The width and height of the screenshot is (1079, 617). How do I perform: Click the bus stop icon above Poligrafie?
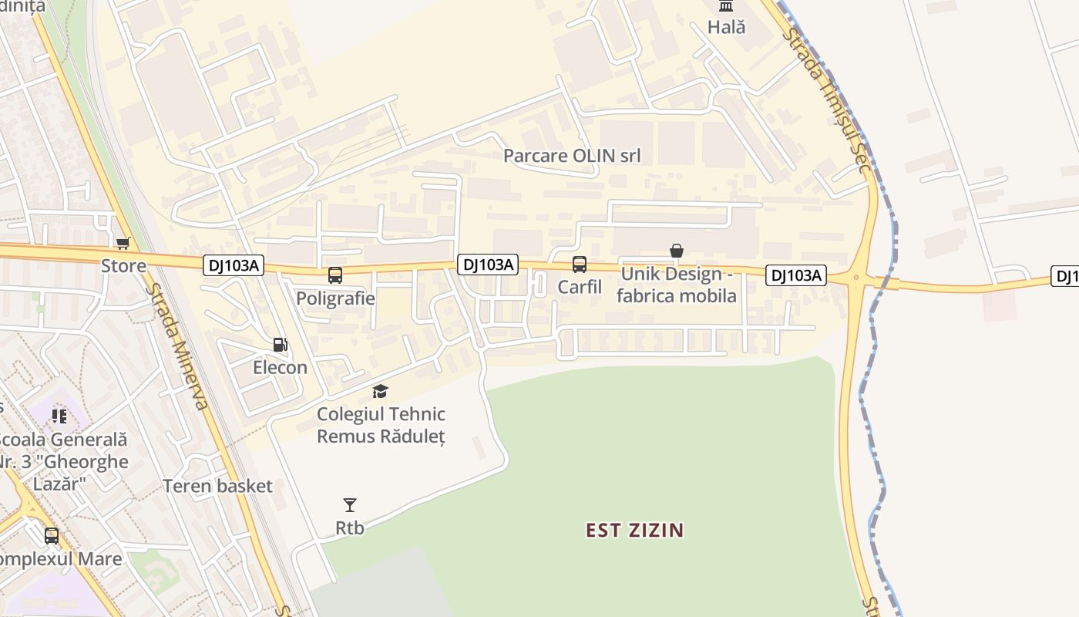point(335,275)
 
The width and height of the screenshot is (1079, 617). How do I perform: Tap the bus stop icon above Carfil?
point(580,265)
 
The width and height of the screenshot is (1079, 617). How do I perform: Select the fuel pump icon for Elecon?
point(281,345)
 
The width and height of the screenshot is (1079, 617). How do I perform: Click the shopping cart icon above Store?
point(123,244)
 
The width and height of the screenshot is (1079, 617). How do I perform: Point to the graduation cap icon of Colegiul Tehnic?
point(380,392)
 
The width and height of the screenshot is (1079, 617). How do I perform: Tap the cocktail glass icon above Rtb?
point(350,505)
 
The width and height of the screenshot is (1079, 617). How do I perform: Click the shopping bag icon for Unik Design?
point(677,251)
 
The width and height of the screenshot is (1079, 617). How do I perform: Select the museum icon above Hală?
point(726,6)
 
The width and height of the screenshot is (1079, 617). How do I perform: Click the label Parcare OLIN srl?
point(572,156)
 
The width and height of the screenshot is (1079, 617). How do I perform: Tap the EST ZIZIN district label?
point(635,531)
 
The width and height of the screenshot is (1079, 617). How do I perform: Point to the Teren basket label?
point(217,486)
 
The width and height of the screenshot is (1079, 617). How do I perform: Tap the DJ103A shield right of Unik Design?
point(796,275)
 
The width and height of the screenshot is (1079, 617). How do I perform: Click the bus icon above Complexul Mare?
point(52,535)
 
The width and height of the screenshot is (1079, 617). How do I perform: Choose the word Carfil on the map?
point(580,287)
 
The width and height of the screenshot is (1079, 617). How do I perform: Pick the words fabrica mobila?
point(677,296)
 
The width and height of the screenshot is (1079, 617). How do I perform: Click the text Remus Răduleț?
point(381,437)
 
